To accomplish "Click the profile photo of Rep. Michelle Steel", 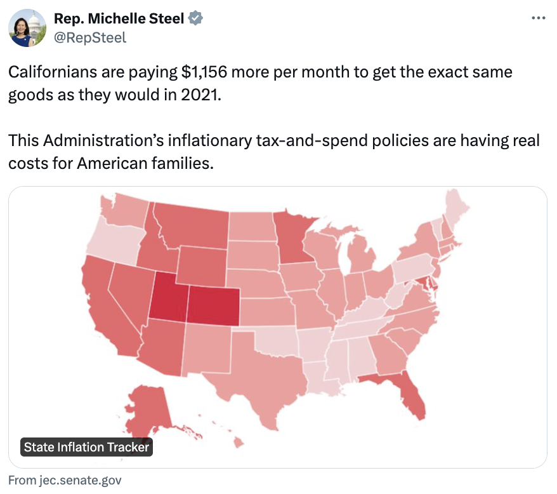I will pos(27,28).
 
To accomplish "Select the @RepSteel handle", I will pos(90,37).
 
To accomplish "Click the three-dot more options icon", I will pos(537,18).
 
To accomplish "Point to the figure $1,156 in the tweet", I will pos(204,72).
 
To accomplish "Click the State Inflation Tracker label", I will pos(86,447).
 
